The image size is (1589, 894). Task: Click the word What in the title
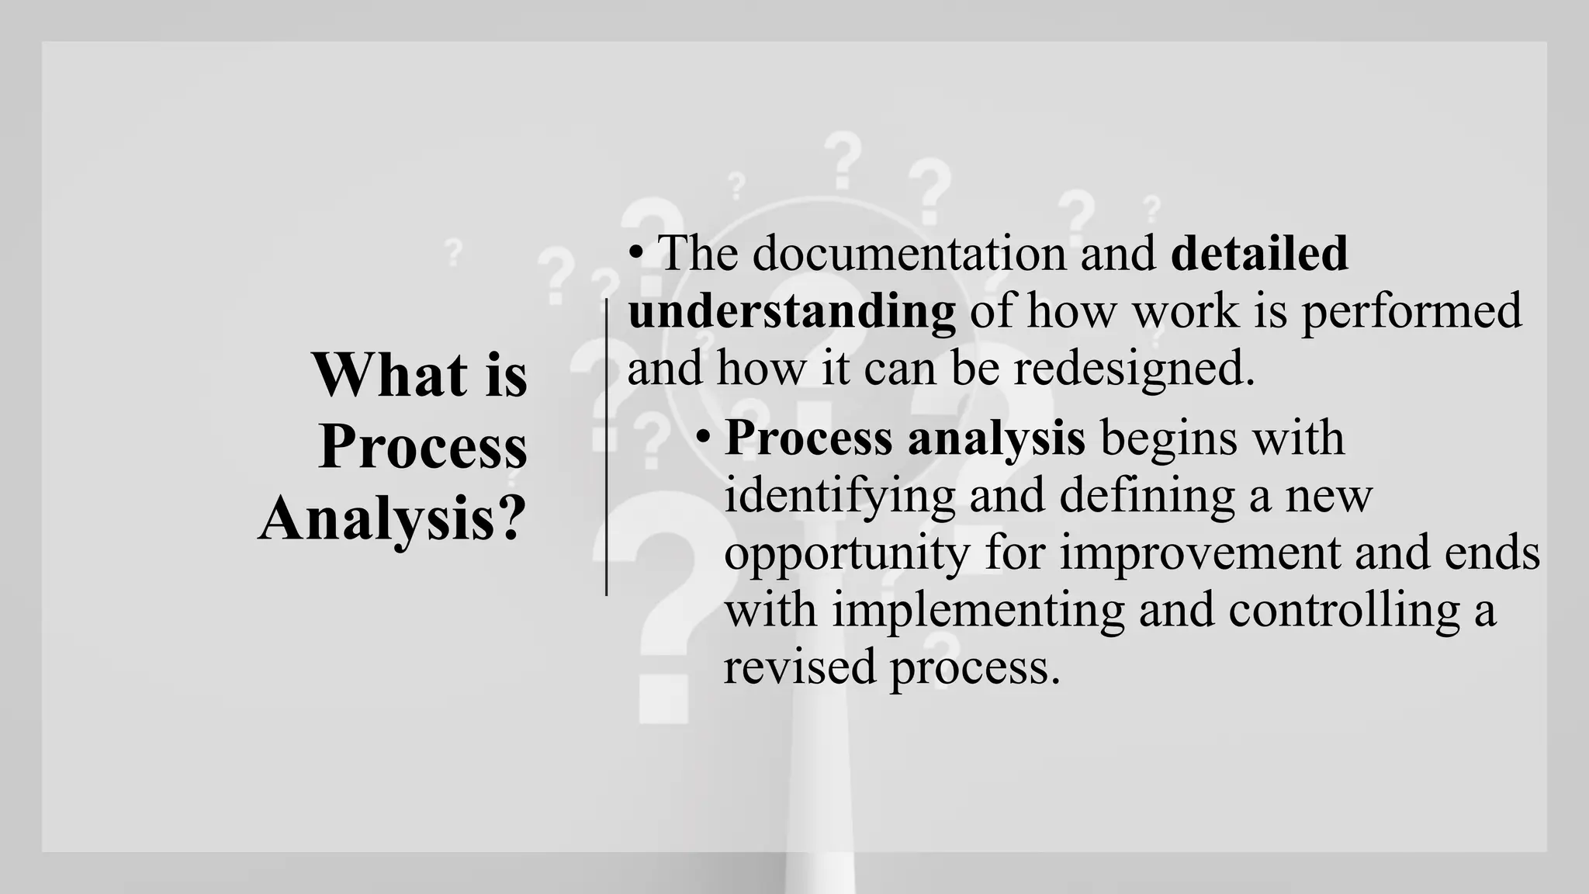tap(389, 375)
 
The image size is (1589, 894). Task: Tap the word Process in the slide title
tap(423, 447)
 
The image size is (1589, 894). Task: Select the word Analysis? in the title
tap(393, 518)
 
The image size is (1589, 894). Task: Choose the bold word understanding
tap(791, 311)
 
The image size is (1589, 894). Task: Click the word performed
tap(1411, 311)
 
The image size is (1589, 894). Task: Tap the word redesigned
tap(1134, 368)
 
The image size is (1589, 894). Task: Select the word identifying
tap(839, 495)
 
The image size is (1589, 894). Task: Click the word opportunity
tap(846, 553)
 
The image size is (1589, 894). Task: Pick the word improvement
tap(1200, 553)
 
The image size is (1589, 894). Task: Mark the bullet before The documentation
tap(636, 254)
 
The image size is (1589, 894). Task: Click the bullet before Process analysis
tap(703, 438)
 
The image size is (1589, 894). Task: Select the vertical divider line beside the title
tap(606, 447)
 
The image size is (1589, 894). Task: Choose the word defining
tap(1147, 495)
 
